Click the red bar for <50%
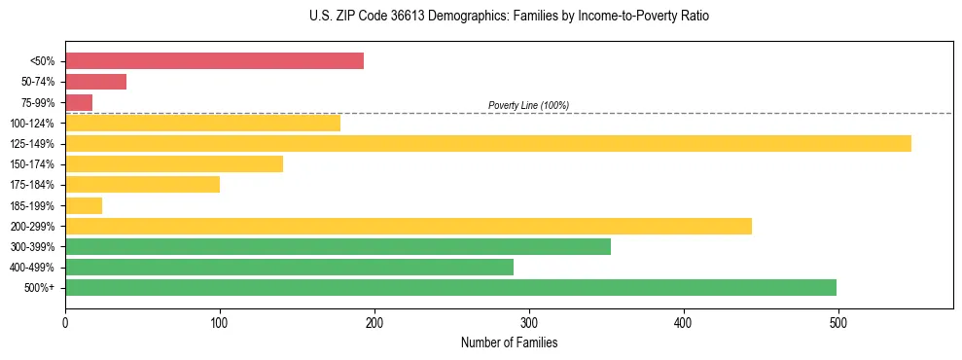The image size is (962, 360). point(214,61)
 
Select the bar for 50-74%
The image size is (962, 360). point(95,82)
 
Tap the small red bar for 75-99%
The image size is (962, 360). point(79,102)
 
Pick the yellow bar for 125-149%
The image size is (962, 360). point(487,143)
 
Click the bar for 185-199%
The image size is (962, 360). point(84,205)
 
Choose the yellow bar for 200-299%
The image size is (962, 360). point(408,226)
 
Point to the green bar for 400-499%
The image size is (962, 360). point(289,267)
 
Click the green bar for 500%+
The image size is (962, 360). point(450,287)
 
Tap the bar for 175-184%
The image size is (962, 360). point(142,185)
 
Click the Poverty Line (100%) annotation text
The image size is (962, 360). point(528,105)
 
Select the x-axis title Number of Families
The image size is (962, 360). point(509,342)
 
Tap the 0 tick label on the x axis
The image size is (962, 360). point(65,321)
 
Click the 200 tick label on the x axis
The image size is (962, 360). point(374,321)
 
